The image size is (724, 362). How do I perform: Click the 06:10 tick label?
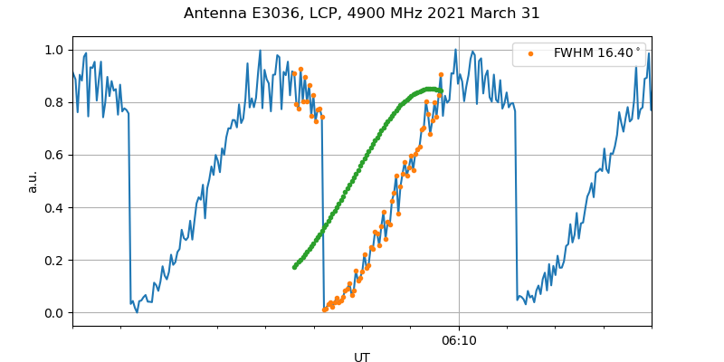459,341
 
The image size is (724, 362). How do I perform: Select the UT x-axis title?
362,357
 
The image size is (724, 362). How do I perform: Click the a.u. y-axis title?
33,181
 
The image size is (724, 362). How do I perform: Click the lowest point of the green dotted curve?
294,267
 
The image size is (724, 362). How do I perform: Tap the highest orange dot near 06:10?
441,75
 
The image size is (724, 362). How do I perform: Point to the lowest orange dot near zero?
325,310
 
